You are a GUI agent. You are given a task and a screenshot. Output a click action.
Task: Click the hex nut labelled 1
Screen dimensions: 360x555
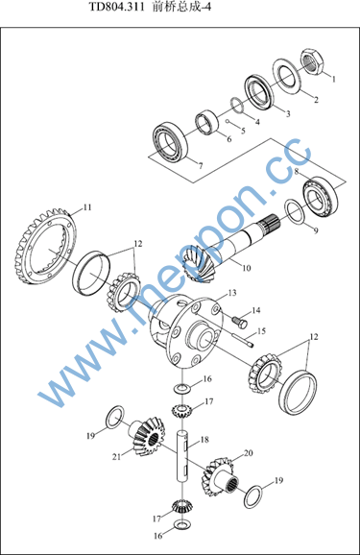pos(312,61)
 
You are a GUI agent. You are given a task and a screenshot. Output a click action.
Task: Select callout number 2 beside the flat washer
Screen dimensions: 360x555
pos(316,100)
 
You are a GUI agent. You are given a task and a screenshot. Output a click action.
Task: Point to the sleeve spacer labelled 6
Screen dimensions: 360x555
pos(207,123)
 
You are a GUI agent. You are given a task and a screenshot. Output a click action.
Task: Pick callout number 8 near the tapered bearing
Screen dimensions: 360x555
pos(297,171)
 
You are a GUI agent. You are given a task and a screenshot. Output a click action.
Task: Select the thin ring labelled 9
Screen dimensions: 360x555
pos(294,211)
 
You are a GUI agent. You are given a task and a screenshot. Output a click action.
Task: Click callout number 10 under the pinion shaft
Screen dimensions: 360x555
pos(247,268)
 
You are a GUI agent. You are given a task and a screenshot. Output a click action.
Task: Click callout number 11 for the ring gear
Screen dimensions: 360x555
pos(87,207)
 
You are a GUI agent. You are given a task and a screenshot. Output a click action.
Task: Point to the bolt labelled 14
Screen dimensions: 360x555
pos(240,322)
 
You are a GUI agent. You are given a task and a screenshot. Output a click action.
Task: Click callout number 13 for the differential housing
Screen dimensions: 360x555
pos(232,293)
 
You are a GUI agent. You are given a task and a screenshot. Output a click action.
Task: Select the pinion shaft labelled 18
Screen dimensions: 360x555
pos(182,456)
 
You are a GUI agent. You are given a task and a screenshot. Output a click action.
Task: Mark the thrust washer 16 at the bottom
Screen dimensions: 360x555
pos(182,523)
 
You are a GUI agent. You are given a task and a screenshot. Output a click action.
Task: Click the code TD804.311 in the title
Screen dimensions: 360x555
pos(116,7)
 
